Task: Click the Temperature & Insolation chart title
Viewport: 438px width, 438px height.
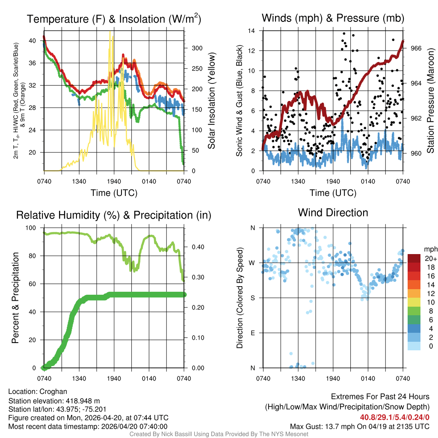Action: pos(114,19)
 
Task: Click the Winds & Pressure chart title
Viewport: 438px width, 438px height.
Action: pos(333,18)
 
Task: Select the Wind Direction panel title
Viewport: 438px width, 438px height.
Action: pos(333,213)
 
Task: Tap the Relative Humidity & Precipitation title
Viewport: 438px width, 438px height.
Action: pos(114,215)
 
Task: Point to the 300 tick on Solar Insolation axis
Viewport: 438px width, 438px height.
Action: pos(193,48)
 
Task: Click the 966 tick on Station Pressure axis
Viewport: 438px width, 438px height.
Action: pos(415,48)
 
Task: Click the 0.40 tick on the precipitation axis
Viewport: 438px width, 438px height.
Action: pos(195,247)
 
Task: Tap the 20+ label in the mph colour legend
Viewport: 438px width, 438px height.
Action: pos(429,259)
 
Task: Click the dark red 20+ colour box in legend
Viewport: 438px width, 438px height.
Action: pos(414,258)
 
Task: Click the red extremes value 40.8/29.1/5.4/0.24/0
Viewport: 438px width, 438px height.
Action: pos(394,417)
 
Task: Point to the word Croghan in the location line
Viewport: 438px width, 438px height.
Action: pos(53,391)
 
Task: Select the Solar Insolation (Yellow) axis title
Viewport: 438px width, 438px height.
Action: pos(211,101)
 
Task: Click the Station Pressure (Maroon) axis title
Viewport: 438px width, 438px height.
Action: pos(431,101)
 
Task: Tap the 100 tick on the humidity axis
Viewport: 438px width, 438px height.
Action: pos(36,228)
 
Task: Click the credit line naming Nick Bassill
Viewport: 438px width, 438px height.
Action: pos(219,434)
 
